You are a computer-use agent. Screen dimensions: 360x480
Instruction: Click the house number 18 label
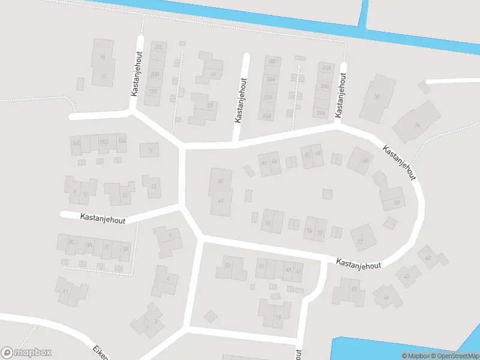[x=103, y=58]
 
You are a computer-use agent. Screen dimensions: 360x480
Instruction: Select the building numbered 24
[x=214, y=74]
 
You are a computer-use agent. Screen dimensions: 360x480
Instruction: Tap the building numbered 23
[x=209, y=106]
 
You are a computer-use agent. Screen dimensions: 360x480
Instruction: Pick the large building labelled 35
[x=377, y=97]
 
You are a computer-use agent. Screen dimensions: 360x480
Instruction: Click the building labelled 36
[x=417, y=125]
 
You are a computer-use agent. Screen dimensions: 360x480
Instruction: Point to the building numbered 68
[x=364, y=161]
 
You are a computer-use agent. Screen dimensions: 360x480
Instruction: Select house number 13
[x=154, y=187]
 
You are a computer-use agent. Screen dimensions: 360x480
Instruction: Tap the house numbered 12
[x=125, y=194]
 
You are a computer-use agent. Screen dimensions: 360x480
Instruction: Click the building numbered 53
[x=227, y=266]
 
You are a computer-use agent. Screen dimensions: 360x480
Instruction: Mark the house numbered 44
[x=386, y=298]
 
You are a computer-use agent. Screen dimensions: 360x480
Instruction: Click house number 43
[x=407, y=276]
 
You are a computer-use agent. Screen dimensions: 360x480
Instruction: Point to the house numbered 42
[x=428, y=258]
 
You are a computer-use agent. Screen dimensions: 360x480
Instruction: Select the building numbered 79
[x=278, y=317]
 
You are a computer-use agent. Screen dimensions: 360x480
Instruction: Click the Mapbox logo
[x=26, y=353]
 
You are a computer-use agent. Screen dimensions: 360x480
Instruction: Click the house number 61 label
[x=220, y=200]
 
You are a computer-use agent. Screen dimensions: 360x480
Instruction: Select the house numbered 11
[x=65, y=292]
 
